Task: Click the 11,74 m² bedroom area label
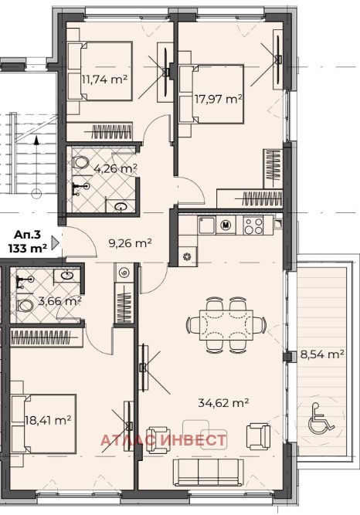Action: point(104,80)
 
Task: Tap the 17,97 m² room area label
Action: point(219,98)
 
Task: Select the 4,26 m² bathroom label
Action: point(115,169)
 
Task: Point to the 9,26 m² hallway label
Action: point(131,243)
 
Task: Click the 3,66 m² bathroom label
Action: point(59,300)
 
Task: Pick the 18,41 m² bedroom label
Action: point(48,420)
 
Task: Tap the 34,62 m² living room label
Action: point(223,402)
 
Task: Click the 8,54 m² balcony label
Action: point(322,354)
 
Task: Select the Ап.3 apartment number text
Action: point(27,235)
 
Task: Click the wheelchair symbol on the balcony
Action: point(321,417)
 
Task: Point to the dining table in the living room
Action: point(226,325)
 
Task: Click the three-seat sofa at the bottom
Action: point(209,472)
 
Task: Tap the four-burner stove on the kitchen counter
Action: point(253,225)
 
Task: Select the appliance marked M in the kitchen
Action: point(226,225)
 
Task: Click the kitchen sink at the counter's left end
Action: point(206,225)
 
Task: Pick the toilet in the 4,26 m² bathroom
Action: point(80,162)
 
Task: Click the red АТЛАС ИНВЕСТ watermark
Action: point(164,440)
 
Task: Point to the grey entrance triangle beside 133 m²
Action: point(56,242)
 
